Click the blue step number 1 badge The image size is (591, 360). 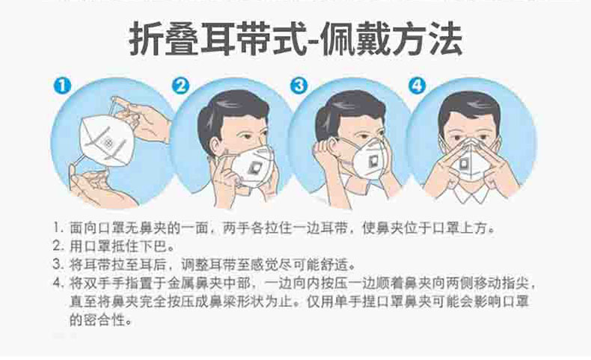62,85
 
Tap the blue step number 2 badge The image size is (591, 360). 180,85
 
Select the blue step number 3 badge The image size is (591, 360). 299,85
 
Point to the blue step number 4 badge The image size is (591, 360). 417,85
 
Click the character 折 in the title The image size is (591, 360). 146,39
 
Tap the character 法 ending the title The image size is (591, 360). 445,39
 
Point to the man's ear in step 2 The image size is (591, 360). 216,146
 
